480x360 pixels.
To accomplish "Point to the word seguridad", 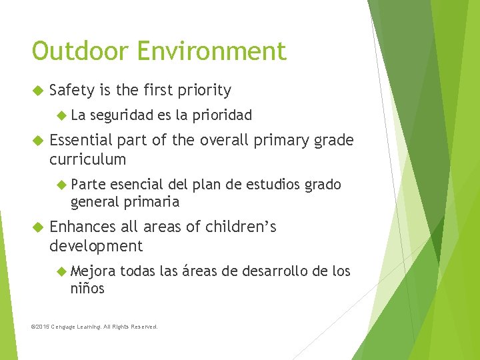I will pos(121,115).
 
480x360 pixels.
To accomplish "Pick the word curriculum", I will pos(87,159).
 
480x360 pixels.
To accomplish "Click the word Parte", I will pos(87,185).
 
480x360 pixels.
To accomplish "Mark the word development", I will pos(96,246).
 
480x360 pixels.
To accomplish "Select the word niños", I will pos(87,288).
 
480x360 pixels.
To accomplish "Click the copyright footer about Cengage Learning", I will pos(95,327).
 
